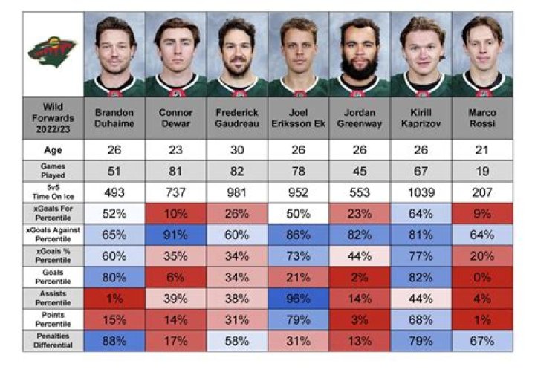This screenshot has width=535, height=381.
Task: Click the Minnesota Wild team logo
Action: pyautogui.click(x=53, y=51)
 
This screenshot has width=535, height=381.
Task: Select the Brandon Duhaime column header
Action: pyautogui.click(x=115, y=118)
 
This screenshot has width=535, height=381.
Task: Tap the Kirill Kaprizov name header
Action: pyautogui.click(x=421, y=118)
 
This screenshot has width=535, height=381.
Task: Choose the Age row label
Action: pyautogui.click(x=53, y=149)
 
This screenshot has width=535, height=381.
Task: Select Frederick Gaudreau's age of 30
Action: pyautogui.click(x=238, y=149)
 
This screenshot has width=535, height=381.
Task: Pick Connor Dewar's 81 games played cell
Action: pyautogui.click(x=177, y=170)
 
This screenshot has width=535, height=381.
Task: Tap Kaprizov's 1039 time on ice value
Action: pyautogui.click(x=421, y=191)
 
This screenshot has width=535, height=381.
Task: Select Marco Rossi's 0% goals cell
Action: pyautogui.click(x=482, y=278)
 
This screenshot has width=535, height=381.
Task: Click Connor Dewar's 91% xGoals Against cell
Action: pyautogui.click(x=177, y=234)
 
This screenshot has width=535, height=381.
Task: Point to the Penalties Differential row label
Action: pyautogui.click(x=53, y=341)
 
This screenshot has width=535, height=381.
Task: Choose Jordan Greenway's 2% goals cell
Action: pyautogui.click(x=360, y=278)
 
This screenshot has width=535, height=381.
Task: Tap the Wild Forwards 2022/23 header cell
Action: pyautogui.click(x=53, y=117)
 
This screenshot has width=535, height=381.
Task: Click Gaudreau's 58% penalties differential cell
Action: pyautogui.click(x=238, y=342)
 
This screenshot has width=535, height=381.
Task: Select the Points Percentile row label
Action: pyautogui.click(x=53, y=320)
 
